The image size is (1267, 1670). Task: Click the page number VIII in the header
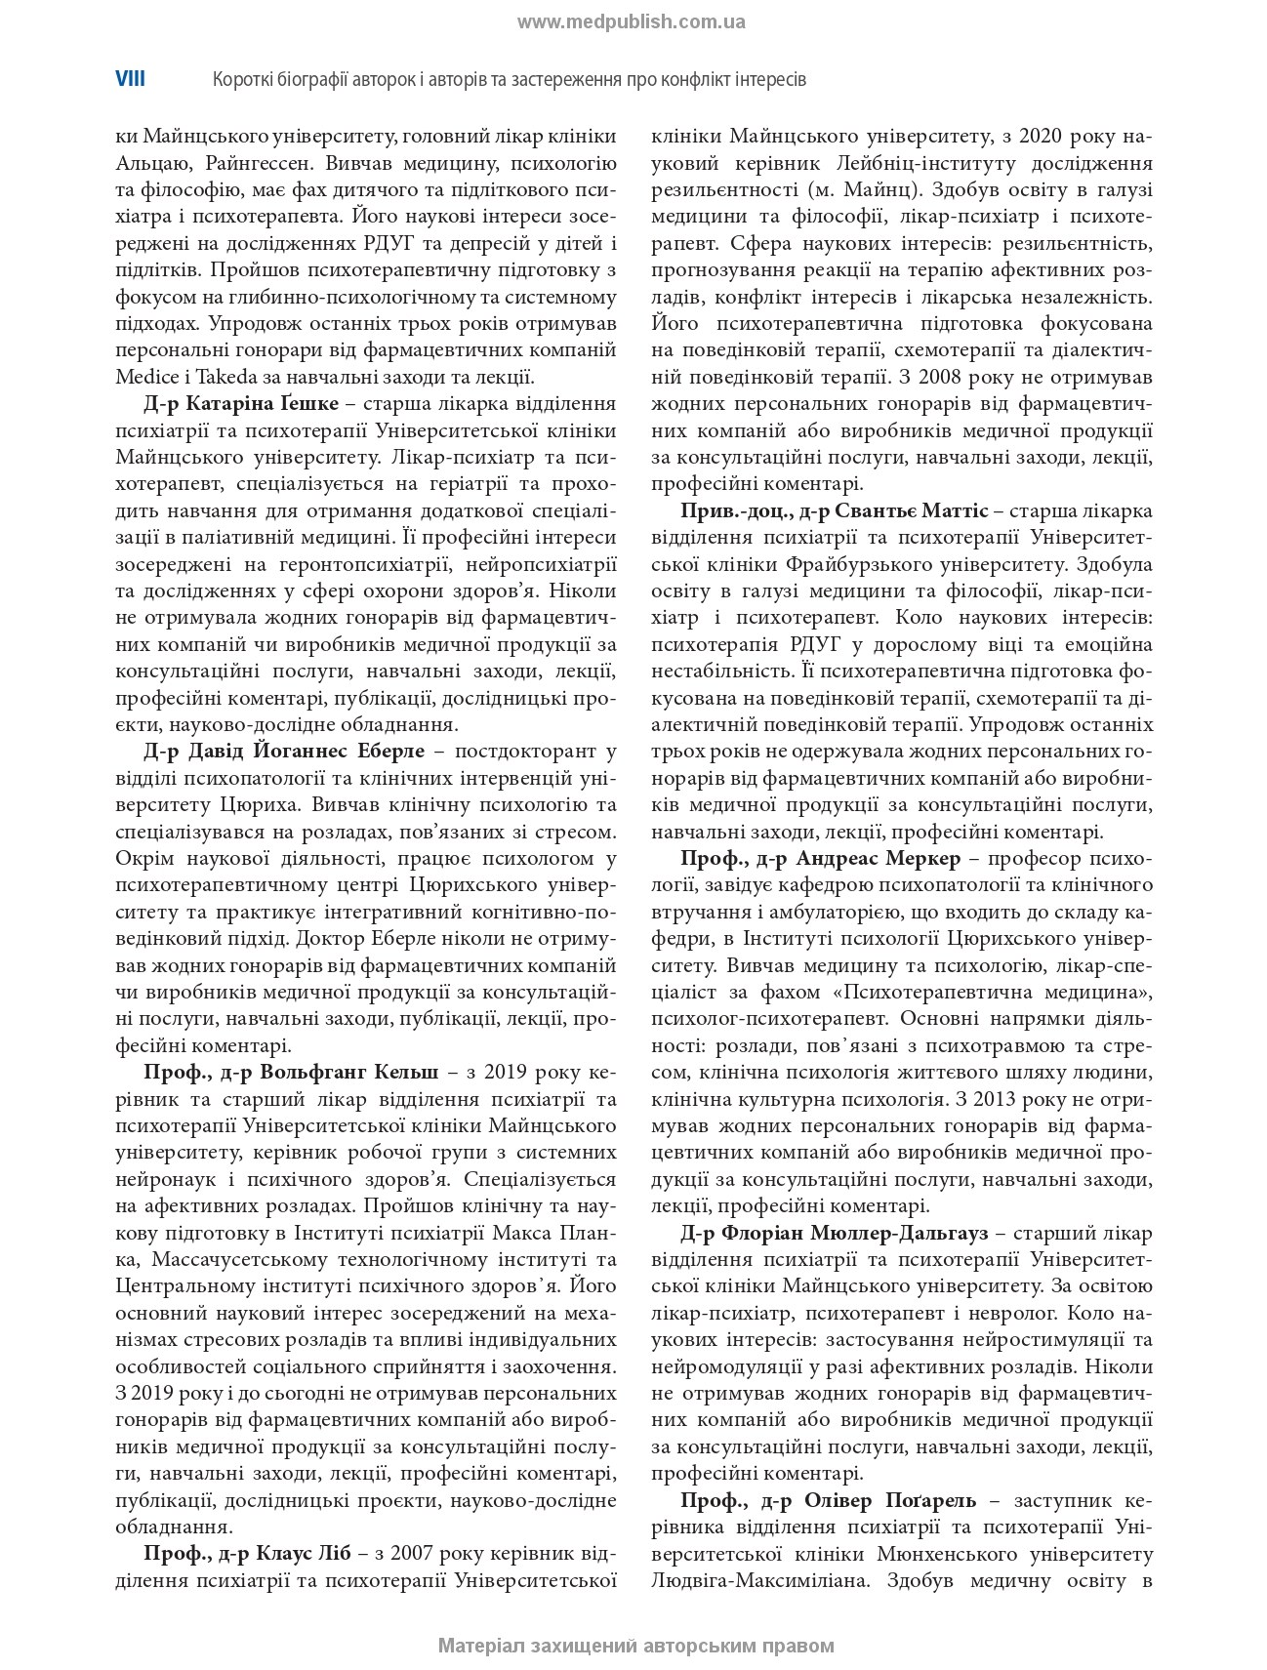pyautogui.click(x=130, y=79)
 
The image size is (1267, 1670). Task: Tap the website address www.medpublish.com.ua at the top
pyautogui.click(x=632, y=22)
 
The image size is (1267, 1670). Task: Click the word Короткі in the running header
pyautogui.click(x=243, y=79)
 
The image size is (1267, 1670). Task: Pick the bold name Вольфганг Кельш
pyautogui.click(x=350, y=1072)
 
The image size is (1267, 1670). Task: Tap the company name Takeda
pyautogui.click(x=203, y=377)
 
